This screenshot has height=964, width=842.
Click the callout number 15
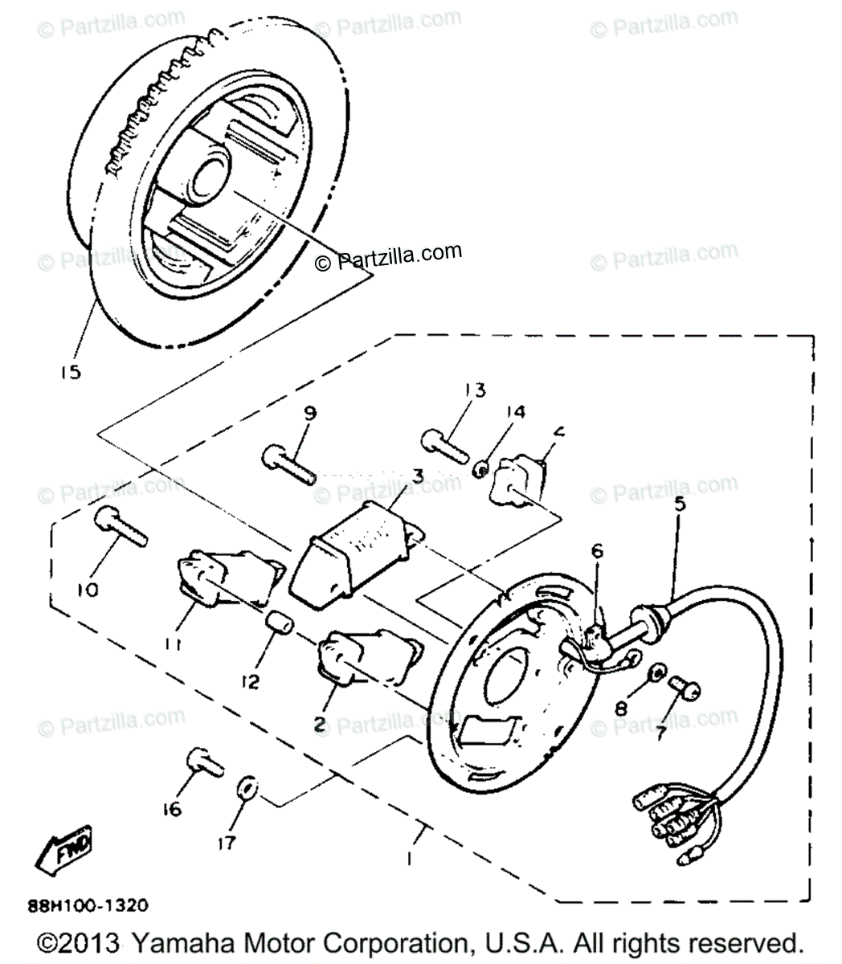(70, 373)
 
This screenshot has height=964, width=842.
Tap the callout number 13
(475, 391)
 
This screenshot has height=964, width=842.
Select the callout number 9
(309, 414)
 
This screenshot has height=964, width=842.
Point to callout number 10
(88, 590)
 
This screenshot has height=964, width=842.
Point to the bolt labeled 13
(444, 444)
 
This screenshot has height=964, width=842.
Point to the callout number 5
(679, 504)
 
